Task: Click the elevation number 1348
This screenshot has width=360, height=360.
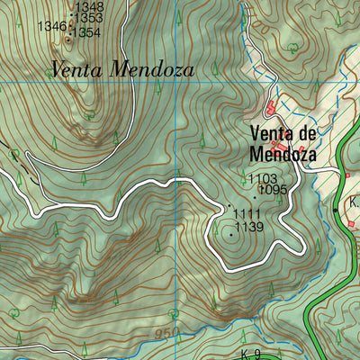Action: [x=89, y=6]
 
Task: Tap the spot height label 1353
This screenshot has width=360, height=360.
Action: [x=88, y=17]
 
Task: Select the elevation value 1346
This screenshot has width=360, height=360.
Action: [x=53, y=27]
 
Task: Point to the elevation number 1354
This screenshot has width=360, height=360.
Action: [x=86, y=32]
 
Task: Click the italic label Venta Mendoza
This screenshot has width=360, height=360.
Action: [x=121, y=68]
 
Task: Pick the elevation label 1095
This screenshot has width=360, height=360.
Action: [x=272, y=190]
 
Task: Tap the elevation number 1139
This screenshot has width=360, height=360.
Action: [x=248, y=228]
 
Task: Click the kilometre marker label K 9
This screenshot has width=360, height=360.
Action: [x=250, y=353]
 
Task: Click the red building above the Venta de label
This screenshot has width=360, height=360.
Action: [x=271, y=107]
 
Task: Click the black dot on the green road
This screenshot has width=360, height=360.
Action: [x=336, y=209]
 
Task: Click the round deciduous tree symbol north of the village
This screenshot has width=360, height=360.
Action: [x=292, y=46]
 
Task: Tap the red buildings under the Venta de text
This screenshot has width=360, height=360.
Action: [x=281, y=145]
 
